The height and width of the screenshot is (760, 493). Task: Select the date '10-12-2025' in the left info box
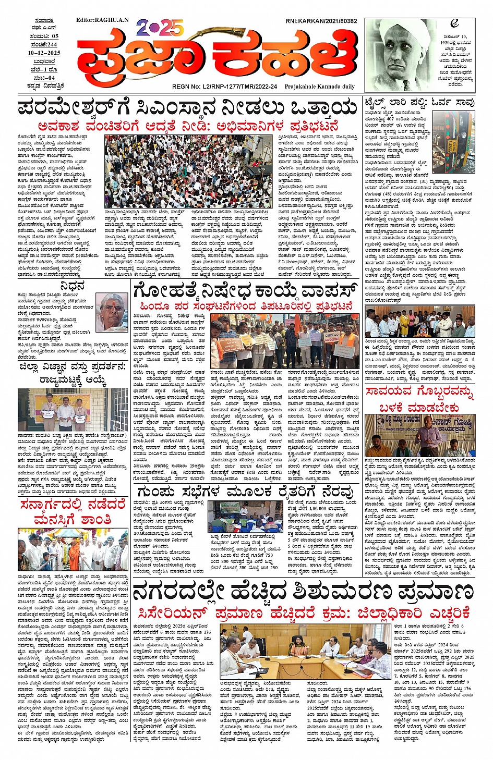coord(44,53)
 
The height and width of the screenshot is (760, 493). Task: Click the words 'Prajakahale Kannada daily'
coord(319,87)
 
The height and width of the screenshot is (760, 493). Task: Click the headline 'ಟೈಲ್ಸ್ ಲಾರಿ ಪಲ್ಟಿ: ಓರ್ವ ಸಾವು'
coord(419,102)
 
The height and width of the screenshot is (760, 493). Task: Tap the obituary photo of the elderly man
coord(112,312)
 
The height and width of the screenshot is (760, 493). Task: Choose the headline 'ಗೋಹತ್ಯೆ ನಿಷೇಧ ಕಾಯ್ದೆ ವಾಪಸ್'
coord(245,291)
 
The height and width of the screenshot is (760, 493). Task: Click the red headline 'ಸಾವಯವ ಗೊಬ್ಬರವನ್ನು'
coord(419,391)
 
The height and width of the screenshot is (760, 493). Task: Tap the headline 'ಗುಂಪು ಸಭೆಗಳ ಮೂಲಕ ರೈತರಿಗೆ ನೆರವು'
coord(245,492)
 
